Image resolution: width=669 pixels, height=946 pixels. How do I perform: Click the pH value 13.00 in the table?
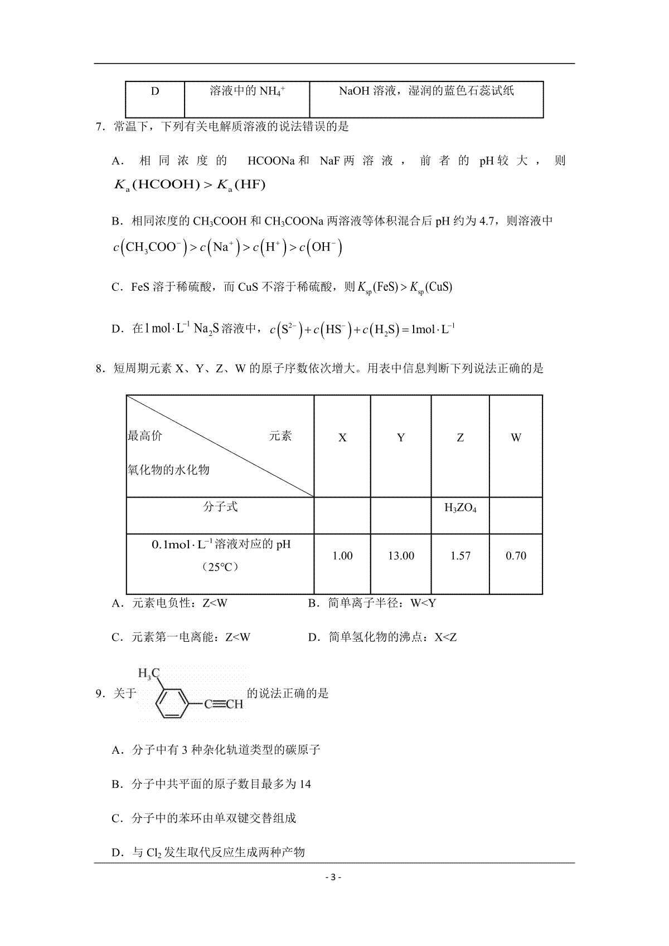pyautogui.click(x=401, y=555)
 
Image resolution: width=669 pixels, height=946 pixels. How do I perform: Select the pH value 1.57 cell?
pyautogui.click(x=460, y=555)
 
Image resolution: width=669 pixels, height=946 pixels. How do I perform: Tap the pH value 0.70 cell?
pyautogui.click(x=516, y=555)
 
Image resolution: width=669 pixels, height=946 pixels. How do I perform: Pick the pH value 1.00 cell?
pyautogui.click(x=342, y=555)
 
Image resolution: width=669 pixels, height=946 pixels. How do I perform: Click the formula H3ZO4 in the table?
pyautogui.click(x=460, y=508)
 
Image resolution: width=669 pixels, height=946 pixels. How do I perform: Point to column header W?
pyautogui.click(x=516, y=437)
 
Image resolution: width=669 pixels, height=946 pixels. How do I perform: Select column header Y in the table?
pyautogui.click(x=401, y=437)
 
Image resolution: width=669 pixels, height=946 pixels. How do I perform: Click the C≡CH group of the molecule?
pyautogui.click(x=224, y=704)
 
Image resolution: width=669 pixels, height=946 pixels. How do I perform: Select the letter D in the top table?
pyautogui.click(x=155, y=91)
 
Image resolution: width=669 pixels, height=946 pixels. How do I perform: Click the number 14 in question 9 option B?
pyautogui.click(x=305, y=784)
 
